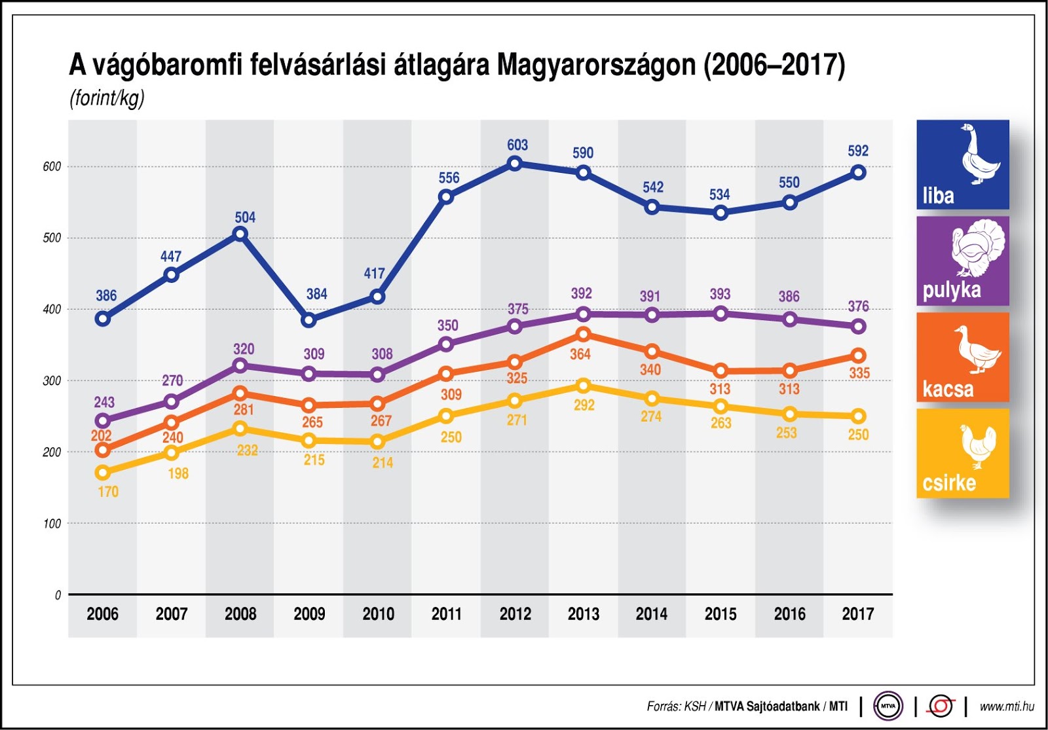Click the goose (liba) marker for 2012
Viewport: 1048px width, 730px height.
coord(515,163)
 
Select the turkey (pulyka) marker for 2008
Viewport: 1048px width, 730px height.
coord(240,365)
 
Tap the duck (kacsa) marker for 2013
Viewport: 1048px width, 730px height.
coord(583,335)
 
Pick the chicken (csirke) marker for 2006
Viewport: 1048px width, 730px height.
coord(102,472)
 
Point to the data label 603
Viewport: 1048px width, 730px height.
coord(517,145)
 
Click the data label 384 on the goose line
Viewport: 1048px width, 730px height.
coord(316,294)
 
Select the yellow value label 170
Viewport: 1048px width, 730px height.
coord(108,492)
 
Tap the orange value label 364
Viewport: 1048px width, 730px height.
coord(580,354)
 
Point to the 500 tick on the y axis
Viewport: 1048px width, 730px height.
coord(52,238)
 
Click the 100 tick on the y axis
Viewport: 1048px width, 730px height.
coord(52,524)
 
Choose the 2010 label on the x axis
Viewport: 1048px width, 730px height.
coord(378,614)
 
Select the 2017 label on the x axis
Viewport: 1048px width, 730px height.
coord(857,614)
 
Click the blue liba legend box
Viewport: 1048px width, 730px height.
coord(962,164)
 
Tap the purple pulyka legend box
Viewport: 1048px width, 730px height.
coord(962,261)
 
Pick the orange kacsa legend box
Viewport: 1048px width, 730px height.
coord(962,357)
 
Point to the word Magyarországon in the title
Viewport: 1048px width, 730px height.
coord(596,65)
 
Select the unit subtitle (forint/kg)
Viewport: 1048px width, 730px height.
coord(107,98)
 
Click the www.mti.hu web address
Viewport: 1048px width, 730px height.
coord(1007,706)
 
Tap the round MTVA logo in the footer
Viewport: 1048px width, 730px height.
coord(888,706)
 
